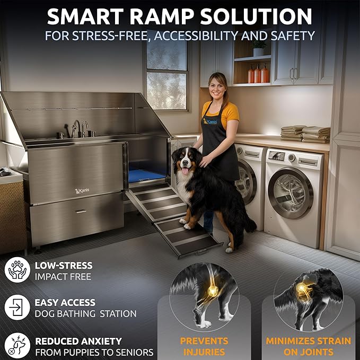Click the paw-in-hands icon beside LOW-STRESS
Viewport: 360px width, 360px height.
pos(16,270)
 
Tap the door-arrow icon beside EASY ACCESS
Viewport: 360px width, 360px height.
pos(16,308)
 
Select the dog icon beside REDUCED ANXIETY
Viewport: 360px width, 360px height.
pos(16,345)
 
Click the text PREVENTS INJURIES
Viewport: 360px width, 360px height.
pos(204,346)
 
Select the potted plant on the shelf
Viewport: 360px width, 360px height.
pos(259,49)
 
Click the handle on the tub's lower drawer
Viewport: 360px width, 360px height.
pos(81,212)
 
